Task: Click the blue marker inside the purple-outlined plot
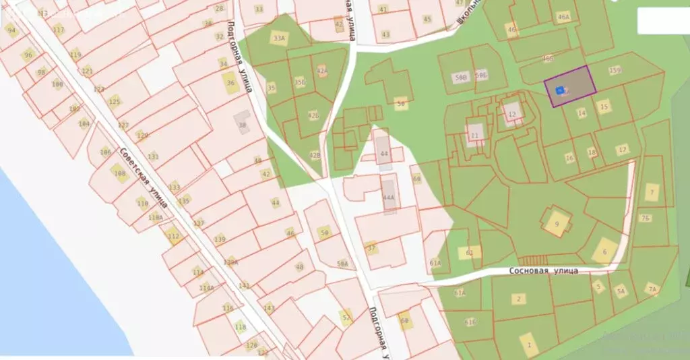click(x=559, y=90)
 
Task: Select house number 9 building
click(x=557, y=223)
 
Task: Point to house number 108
click(x=120, y=174)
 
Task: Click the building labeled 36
click(x=230, y=83)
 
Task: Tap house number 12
click(x=512, y=114)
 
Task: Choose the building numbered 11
click(x=475, y=135)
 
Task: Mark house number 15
click(x=604, y=106)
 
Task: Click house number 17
click(x=623, y=149)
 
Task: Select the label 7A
click(x=652, y=290)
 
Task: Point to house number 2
click(x=518, y=299)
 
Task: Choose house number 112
click(x=173, y=236)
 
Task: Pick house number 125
click(x=115, y=102)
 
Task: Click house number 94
click(x=11, y=30)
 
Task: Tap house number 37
click(x=371, y=247)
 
